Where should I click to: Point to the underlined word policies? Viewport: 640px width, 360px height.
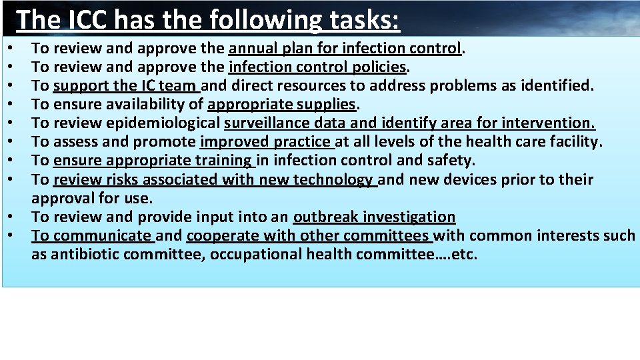(382, 67)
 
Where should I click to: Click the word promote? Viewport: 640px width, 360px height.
(169, 141)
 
